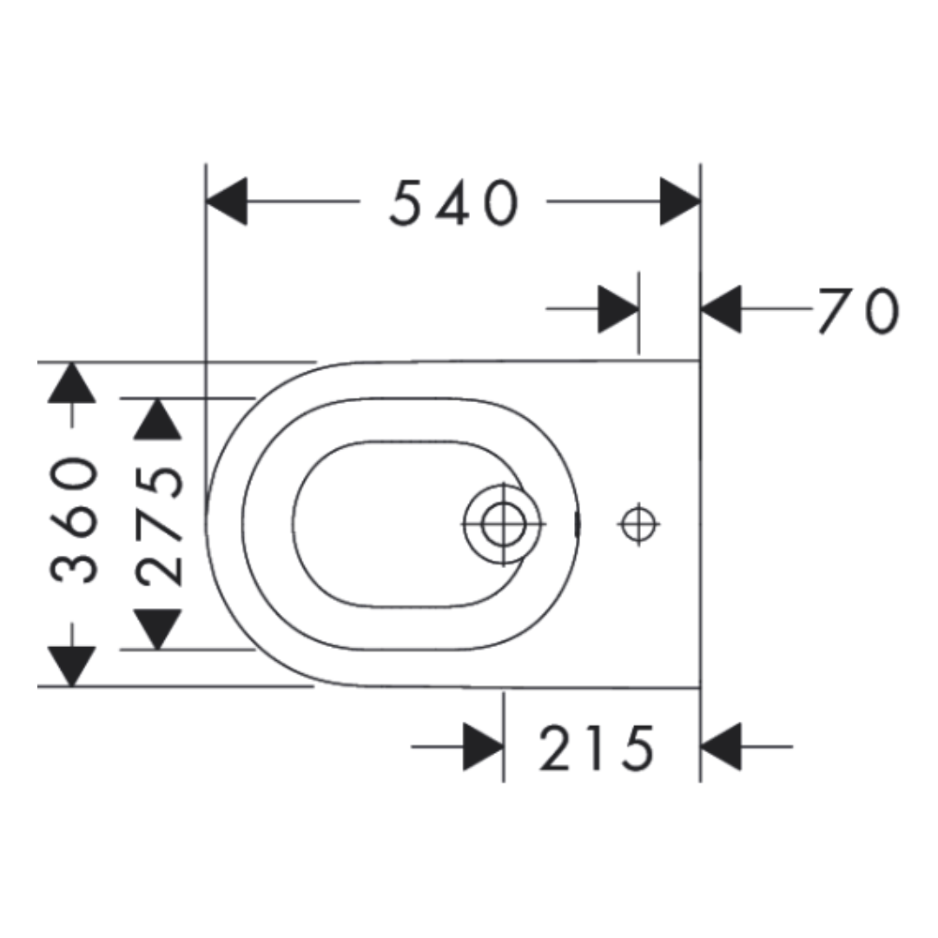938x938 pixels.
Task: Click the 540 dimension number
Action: pyautogui.click(x=453, y=202)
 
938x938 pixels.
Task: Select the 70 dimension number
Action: pyautogui.click(x=858, y=310)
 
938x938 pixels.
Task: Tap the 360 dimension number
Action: pyautogui.click(x=74, y=519)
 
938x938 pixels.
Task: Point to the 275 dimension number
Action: pyautogui.click(x=159, y=525)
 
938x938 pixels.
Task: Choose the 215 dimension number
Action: pyautogui.click(x=597, y=748)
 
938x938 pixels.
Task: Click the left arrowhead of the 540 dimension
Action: pyautogui.click(x=227, y=201)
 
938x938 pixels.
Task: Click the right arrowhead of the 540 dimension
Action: pyautogui.click(x=680, y=201)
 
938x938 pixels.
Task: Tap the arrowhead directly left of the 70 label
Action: pyautogui.click(x=721, y=309)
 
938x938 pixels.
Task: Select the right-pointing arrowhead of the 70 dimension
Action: pyautogui.click(x=618, y=309)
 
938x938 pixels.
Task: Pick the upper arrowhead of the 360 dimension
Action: pyautogui.click(x=72, y=383)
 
